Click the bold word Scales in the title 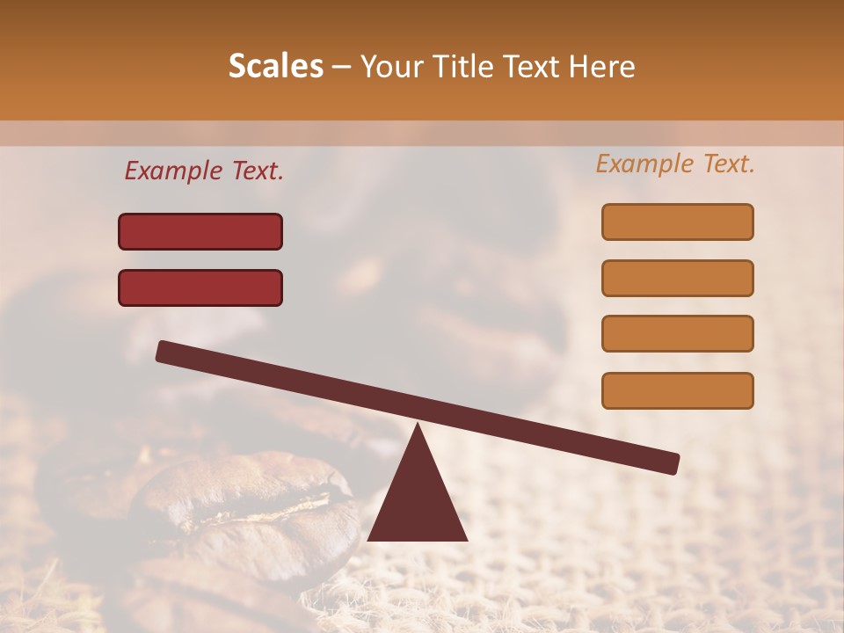coord(275,67)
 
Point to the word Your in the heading coord(389,67)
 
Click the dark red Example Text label coord(204,171)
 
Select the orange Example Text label coord(675,164)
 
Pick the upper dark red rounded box coord(200,231)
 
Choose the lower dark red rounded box coord(200,287)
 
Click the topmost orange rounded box coord(678,222)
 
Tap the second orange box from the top coord(678,278)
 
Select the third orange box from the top coord(678,334)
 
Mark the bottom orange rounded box coord(678,390)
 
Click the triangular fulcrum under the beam coord(418,501)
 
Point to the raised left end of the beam coord(165,352)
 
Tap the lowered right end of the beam coord(670,462)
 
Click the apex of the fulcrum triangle coord(418,426)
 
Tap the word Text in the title coord(524,67)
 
